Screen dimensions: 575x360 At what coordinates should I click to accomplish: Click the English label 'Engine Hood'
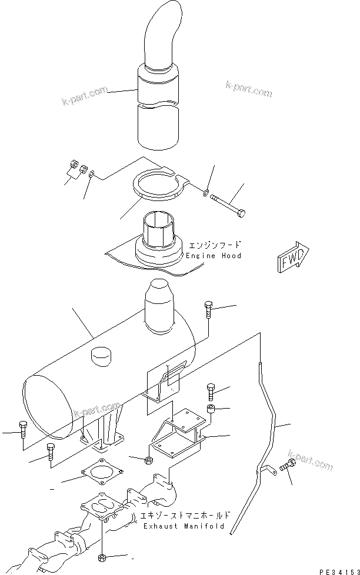(x=213, y=256)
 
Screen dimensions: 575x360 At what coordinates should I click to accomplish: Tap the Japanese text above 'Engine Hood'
(x=213, y=245)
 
